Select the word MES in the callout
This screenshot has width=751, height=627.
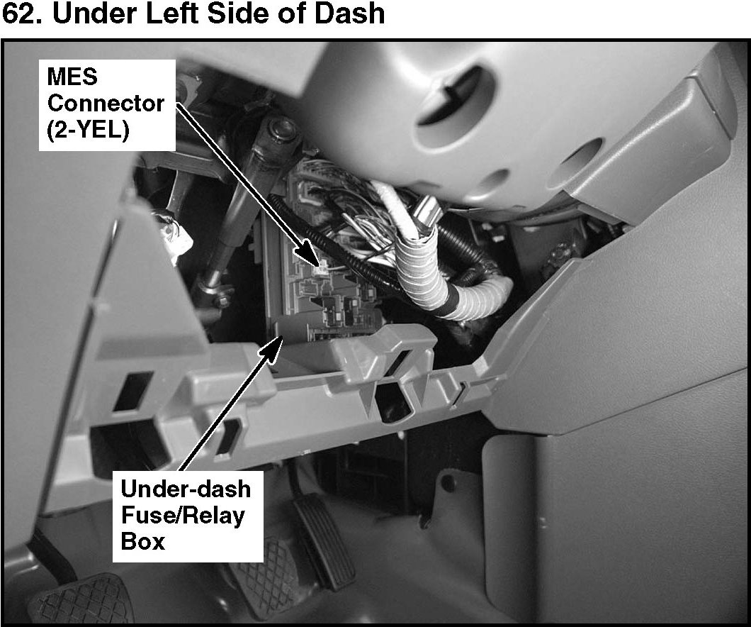[x=72, y=77]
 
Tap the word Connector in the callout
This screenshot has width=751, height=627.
[x=106, y=103]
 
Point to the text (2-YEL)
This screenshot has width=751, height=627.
[x=88, y=129]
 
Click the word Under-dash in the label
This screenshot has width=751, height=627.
[x=186, y=489]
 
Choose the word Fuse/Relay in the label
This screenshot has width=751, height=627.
[x=183, y=516]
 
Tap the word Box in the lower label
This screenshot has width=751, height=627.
[x=142, y=541]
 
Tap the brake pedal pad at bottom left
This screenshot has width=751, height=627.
[x=81, y=600]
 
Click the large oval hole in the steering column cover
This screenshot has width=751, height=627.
[x=453, y=103]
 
